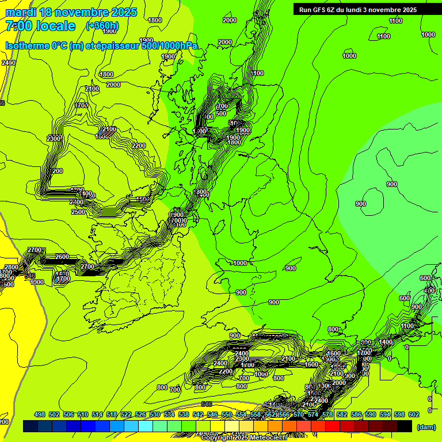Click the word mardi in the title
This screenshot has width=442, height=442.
(x=20, y=12)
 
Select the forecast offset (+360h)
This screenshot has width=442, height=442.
(x=102, y=26)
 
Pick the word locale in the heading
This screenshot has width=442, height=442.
(x=56, y=26)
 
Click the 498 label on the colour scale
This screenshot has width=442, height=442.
(x=40, y=414)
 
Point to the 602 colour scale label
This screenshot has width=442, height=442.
(x=414, y=414)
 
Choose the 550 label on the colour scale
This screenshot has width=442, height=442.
(x=227, y=414)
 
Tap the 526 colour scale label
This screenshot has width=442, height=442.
(x=140, y=414)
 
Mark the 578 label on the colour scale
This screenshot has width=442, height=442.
(x=327, y=414)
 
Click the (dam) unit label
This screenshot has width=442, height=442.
(x=426, y=427)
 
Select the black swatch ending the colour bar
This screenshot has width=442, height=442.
(x=405, y=426)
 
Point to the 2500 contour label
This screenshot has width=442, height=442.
(x=78, y=212)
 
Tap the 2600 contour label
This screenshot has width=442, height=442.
(x=62, y=257)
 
